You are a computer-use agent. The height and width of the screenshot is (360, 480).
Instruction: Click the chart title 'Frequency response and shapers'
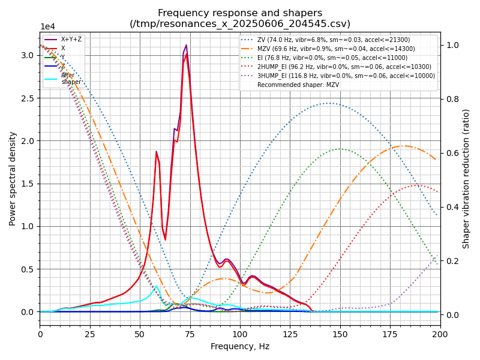pyautogui.click(x=240, y=13)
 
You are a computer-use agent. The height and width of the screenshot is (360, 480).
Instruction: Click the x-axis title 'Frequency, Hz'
pyautogui.click(x=240, y=346)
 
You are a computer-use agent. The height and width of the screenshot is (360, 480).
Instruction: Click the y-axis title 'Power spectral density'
pyautogui.click(x=13, y=178)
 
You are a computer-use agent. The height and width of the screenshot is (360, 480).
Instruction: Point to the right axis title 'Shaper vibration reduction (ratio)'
pyautogui.click(x=466, y=178)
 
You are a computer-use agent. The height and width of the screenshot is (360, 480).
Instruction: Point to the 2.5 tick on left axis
pyautogui.click(x=28, y=98)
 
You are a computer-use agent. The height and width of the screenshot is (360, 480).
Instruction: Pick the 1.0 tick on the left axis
pyautogui.click(x=28, y=226)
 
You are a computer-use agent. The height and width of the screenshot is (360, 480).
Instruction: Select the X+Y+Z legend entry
pyautogui.click(x=71, y=40)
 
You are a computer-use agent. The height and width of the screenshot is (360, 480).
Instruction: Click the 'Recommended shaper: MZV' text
pyautogui.click(x=296, y=85)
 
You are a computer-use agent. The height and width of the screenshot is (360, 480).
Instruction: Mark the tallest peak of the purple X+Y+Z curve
pyautogui.click(x=186, y=45)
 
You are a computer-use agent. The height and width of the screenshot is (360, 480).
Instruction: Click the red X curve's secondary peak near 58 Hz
pyautogui.click(x=156, y=152)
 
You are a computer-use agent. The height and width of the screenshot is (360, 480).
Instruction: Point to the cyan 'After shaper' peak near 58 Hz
pyautogui.click(x=156, y=286)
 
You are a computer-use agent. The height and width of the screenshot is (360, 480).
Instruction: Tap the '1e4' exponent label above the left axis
pyautogui.click(x=48, y=27)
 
